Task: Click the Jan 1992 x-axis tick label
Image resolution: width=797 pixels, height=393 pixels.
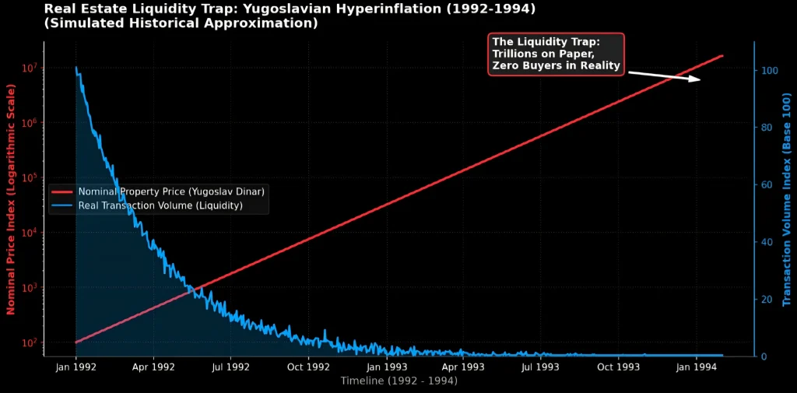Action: point(75,366)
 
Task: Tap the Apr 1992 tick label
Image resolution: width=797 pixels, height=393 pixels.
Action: point(153,366)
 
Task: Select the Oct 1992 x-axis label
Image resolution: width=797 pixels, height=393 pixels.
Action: point(308,366)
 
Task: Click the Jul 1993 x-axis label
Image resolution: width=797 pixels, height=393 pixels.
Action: point(539,366)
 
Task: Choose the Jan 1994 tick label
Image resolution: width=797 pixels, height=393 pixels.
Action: point(696,366)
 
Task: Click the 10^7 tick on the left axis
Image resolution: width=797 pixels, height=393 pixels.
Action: point(29,68)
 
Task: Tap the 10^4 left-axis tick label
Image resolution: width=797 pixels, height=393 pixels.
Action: point(29,233)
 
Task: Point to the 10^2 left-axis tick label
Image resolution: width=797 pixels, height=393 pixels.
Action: point(29,343)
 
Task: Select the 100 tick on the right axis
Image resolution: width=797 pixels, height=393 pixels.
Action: point(769,70)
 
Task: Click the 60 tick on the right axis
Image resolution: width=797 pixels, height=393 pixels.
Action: point(767,184)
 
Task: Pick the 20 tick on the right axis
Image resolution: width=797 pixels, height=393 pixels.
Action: point(767,300)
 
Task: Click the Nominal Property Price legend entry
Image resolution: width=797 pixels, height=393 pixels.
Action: point(172,191)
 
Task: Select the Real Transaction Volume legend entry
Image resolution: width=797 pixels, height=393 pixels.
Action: point(160,205)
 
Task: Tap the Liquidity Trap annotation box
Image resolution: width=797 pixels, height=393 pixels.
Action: point(556,54)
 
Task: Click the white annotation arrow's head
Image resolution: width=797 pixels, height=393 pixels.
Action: point(698,79)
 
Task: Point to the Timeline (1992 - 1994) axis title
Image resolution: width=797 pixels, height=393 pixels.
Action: point(398,381)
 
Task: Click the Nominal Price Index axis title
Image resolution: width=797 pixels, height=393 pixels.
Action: point(11,199)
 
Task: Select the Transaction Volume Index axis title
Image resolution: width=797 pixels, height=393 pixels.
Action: point(786,199)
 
